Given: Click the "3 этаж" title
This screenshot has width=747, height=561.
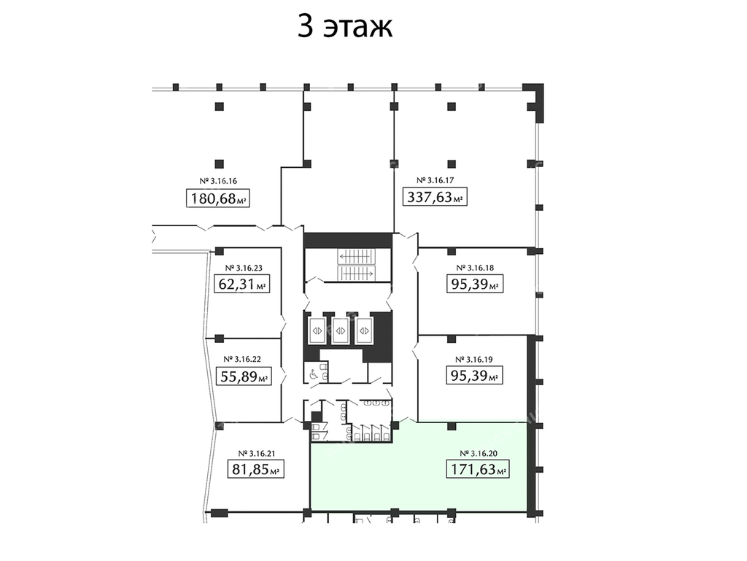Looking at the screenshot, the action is point(345,26).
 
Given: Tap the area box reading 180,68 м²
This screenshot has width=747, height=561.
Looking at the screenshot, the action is point(217,198).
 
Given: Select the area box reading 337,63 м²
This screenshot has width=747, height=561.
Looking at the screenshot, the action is point(435,197).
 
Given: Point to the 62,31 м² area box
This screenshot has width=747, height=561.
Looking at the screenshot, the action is point(242,285).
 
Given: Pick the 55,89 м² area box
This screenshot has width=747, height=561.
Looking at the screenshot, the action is point(244,376).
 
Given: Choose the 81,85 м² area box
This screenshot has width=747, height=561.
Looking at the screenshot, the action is point(256,470).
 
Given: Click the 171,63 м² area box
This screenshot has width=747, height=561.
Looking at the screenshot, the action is point(477,469).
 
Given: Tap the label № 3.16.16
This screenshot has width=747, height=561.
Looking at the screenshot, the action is point(217,181).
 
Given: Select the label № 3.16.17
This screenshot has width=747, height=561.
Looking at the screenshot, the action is point(435,180).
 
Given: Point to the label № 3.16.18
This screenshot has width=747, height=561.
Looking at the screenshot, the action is point(475,268).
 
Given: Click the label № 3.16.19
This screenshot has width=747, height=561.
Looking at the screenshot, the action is point(474,360).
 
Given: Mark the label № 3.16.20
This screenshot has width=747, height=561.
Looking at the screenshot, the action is point(479,453).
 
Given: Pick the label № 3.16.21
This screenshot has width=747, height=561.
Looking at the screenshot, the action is point(256,453).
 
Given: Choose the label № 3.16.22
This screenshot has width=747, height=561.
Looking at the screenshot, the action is point(242,359).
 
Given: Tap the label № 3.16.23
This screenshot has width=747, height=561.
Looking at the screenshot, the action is point(244,268).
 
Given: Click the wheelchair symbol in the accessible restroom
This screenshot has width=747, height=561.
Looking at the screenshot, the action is point(314,375).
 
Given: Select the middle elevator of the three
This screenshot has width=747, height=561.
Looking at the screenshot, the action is point(340,330).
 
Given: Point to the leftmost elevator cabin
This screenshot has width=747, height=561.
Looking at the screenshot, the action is point(317,330).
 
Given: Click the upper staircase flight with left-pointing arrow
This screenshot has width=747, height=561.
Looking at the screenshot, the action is point(356,257).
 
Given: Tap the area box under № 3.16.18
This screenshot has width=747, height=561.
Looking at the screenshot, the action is point(475,285).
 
